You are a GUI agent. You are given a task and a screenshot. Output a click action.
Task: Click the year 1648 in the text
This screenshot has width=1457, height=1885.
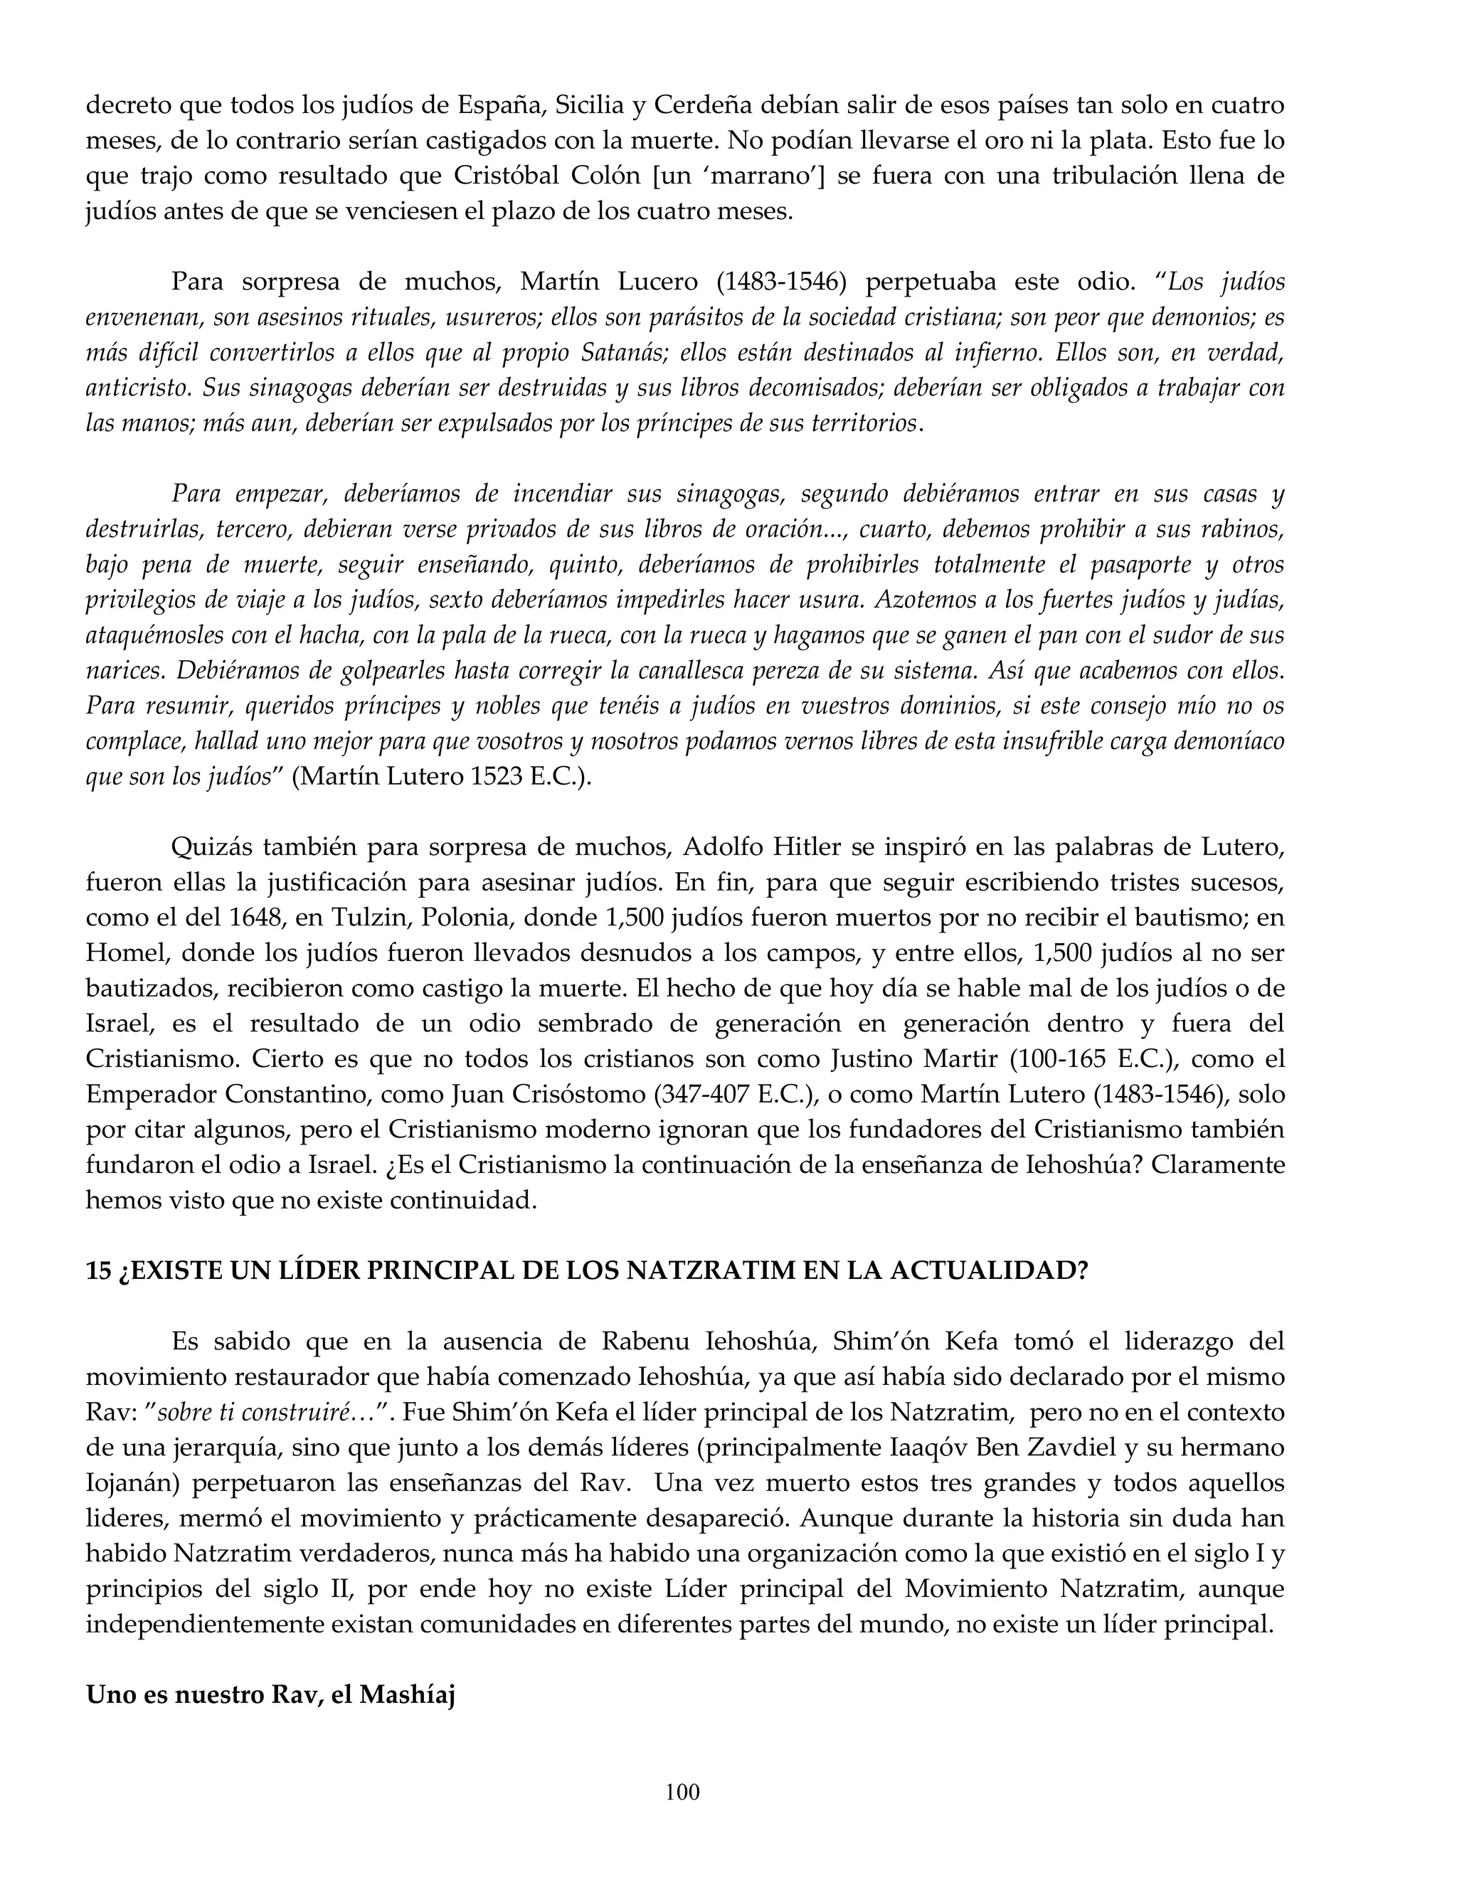tap(255, 918)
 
